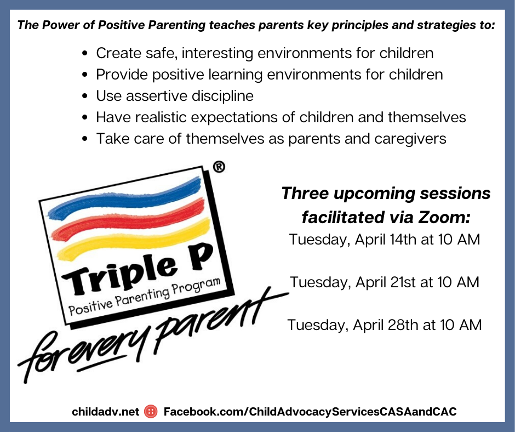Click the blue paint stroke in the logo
tap(125, 198)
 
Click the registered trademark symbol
tap(219, 167)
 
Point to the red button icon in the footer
tap(151, 411)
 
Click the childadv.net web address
tap(105, 412)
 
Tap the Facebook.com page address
tap(310, 412)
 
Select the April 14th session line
tap(385, 240)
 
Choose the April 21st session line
tap(385, 282)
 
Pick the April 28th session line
tap(385, 325)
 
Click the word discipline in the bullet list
tap(222, 96)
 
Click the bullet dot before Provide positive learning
tap(85, 75)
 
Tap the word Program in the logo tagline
tap(196, 287)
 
